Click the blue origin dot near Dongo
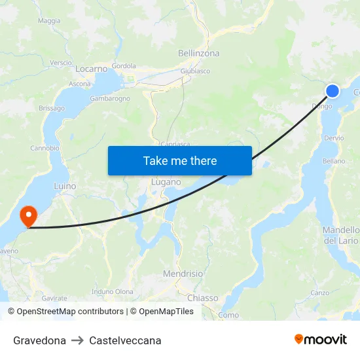click(333, 91)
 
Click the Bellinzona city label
click(198, 54)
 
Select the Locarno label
click(91, 69)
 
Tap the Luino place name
click(65, 187)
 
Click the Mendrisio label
click(183, 274)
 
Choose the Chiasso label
click(203, 298)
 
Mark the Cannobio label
click(45, 148)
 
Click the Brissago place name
click(52, 108)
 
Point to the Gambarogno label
click(109, 99)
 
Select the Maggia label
click(49, 21)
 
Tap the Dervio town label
click(333, 138)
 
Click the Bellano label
click(334, 161)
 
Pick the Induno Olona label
click(113, 292)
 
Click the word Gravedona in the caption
click(39, 340)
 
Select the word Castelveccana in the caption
click(125, 340)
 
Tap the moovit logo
click(320, 340)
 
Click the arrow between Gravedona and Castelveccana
click(77, 340)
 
